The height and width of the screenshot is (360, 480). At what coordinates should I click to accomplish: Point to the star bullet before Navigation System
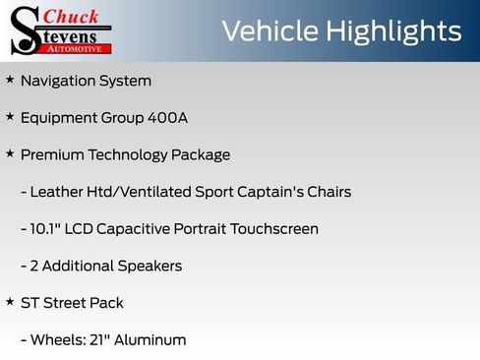[10, 80]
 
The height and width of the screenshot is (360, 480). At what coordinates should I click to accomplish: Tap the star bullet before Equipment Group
[10, 117]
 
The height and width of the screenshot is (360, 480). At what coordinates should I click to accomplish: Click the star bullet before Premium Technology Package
[10, 153]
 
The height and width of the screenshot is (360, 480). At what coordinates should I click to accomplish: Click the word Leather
[58, 192]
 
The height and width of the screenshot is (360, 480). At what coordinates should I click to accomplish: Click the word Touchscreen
[274, 229]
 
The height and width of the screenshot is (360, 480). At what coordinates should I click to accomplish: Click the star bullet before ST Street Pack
[10, 302]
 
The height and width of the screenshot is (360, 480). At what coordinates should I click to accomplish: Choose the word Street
[66, 303]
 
